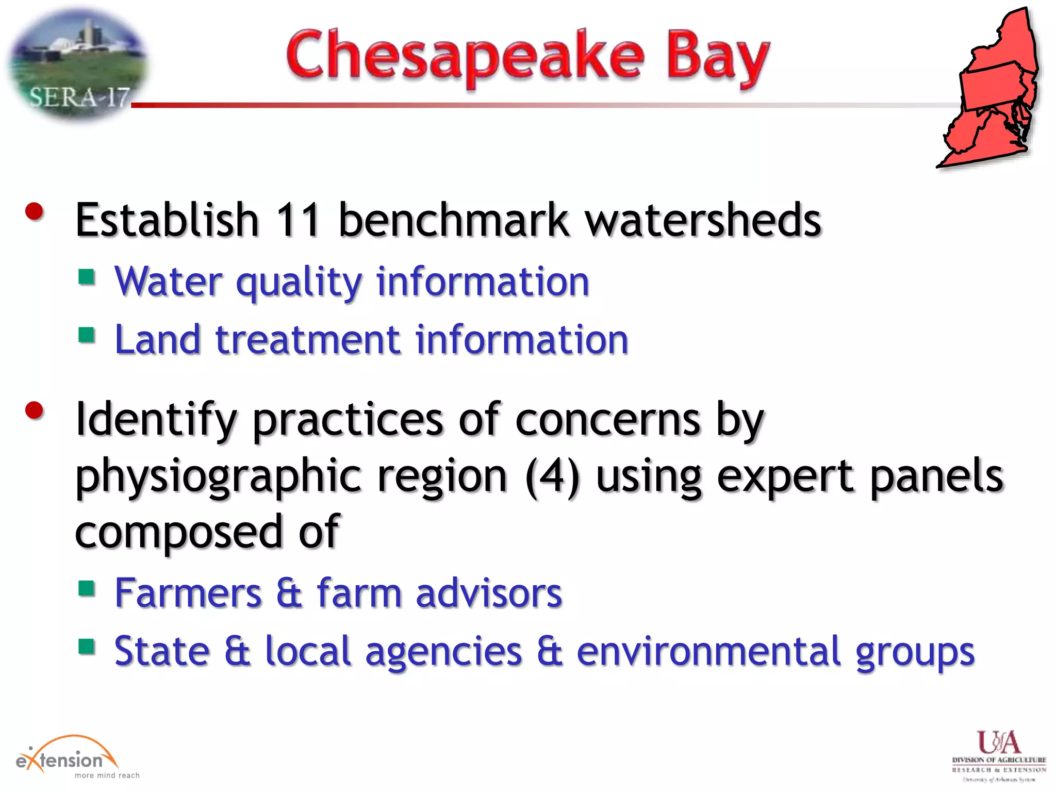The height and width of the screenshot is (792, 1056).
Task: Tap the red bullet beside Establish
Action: (35, 211)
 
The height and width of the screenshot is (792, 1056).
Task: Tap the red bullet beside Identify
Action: (35, 410)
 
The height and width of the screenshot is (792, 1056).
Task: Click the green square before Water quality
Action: (87, 277)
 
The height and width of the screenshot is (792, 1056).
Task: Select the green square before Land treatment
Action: (87, 335)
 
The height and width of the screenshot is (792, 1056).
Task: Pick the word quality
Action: (299, 283)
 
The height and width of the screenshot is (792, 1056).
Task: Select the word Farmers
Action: (188, 593)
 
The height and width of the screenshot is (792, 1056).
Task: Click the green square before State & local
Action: (87, 646)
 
